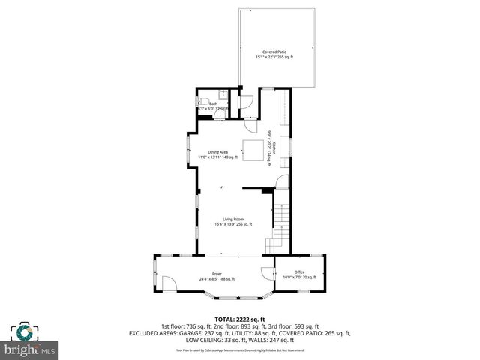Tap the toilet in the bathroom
[202, 100]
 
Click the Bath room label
[213, 104]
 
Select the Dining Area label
[218, 152]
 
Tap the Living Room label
[232, 219]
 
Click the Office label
[299, 272]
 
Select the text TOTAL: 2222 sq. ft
[240, 319]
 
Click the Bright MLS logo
[31, 341]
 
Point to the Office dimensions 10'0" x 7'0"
[299, 277]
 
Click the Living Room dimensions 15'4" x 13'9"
[232, 223]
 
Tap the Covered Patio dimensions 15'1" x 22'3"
[273, 57]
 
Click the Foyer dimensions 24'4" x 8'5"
[217, 278]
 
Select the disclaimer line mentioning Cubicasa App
[240, 349]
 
